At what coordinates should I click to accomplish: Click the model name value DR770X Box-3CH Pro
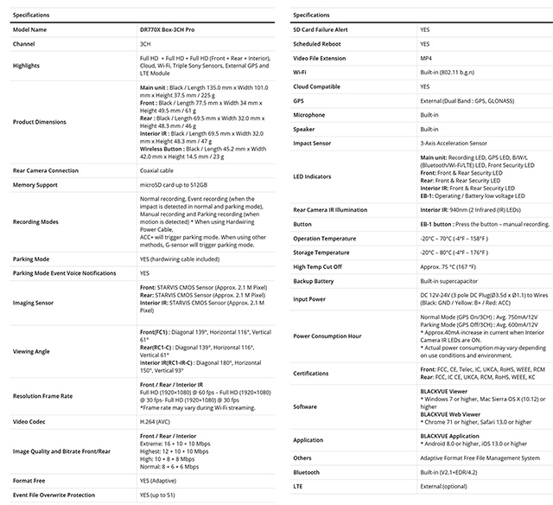click(173, 29)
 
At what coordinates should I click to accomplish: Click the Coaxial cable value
click(157, 171)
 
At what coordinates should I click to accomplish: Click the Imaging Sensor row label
click(37, 303)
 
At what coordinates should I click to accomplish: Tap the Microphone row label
click(308, 114)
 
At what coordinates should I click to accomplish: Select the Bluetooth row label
click(307, 472)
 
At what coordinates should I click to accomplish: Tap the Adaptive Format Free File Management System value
click(480, 458)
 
